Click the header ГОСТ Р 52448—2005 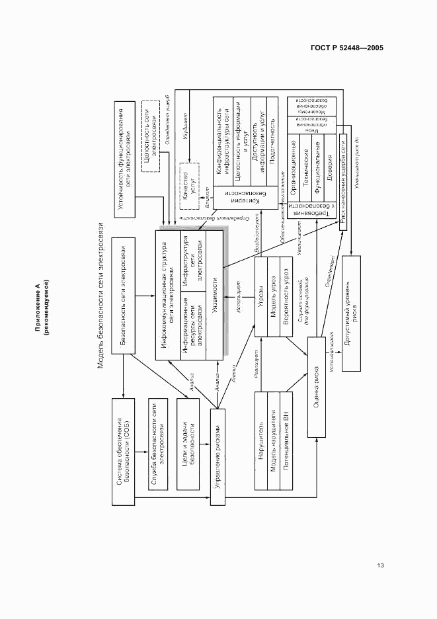click(347, 48)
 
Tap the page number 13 click(380, 565)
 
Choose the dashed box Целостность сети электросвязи click(151, 136)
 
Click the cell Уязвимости click(214, 294)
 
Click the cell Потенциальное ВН click(286, 440)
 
